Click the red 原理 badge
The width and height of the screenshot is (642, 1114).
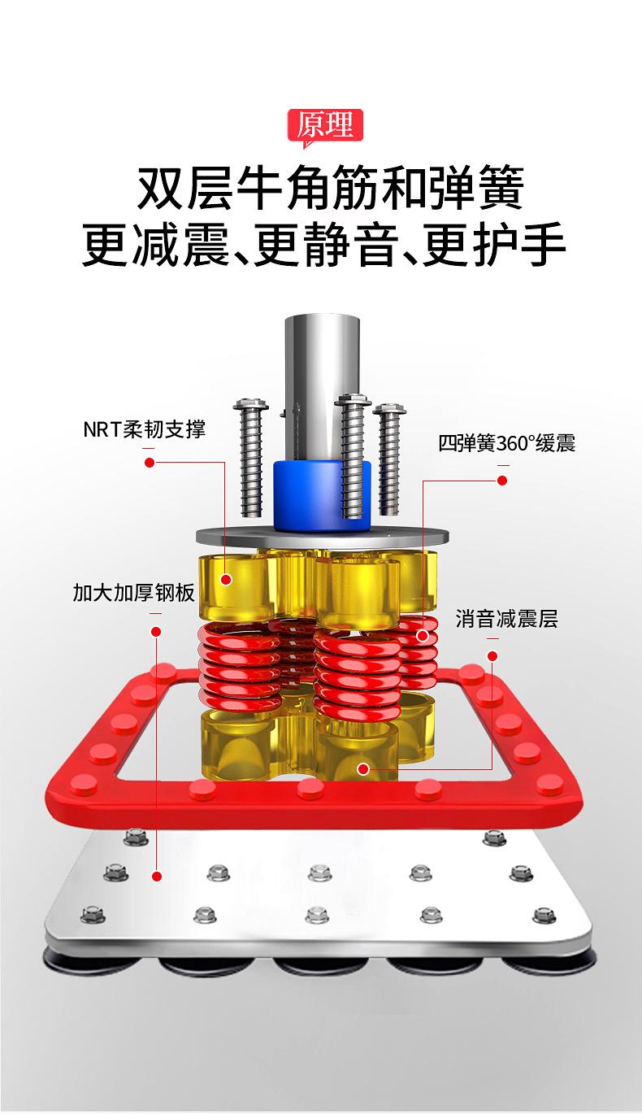(x=325, y=126)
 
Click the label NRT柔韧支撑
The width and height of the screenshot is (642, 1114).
(x=144, y=429)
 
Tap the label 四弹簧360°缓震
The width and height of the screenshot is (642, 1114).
(x=506, y=444)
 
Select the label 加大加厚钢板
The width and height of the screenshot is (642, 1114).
(x=133, y=592)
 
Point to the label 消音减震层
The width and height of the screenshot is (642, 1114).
(x=506, y=620)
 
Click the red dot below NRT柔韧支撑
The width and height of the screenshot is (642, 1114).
(x=149, y=463)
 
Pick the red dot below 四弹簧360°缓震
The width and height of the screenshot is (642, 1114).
(x=502, y=481)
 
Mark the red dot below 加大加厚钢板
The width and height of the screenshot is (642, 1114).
(x=156, y=631)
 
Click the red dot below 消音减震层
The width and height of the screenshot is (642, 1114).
(x=492, y=655)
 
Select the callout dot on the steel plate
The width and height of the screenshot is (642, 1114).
(x=156, y=876)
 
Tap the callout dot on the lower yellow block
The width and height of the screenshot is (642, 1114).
(x=362, y=768)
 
